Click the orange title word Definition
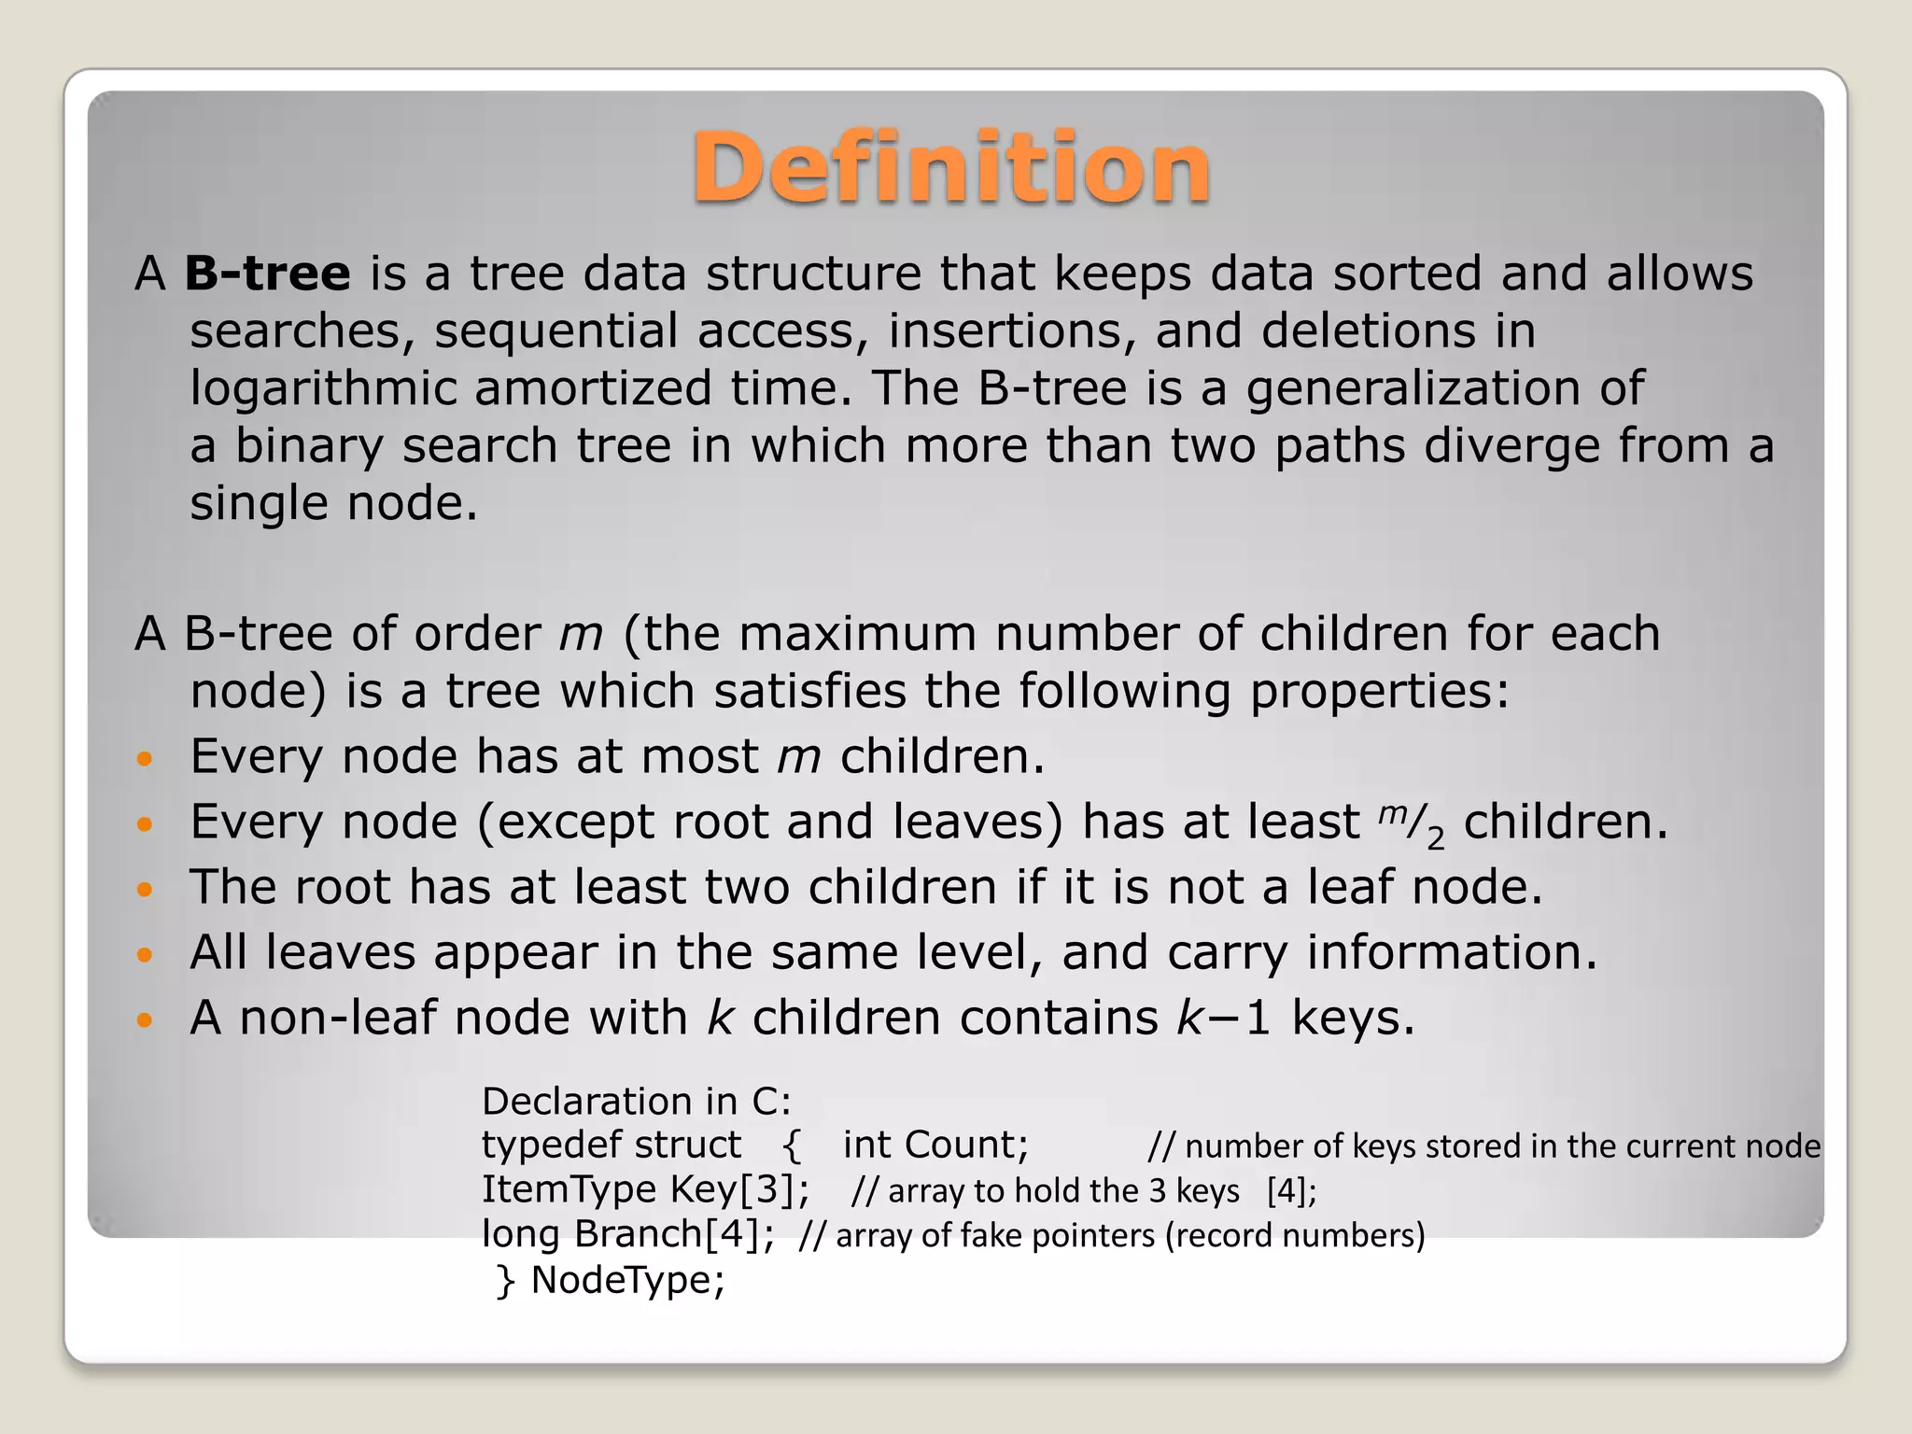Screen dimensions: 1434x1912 point(950,168)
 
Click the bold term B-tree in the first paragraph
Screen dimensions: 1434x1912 point(268,274)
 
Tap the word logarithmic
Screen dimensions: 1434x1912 point(323,388)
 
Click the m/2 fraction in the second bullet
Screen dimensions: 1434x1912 point(1411,823)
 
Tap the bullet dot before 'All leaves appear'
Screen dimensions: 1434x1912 point(144,955)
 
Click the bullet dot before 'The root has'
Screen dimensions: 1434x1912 point(144,890)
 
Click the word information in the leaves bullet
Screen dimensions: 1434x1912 point(1452,953)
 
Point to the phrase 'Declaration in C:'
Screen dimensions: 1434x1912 point(636,1102)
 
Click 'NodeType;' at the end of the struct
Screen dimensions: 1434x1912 point(627,1280)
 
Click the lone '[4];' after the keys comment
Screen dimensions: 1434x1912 point(1291,1191)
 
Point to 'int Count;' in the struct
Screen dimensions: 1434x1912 point(935,1145)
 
